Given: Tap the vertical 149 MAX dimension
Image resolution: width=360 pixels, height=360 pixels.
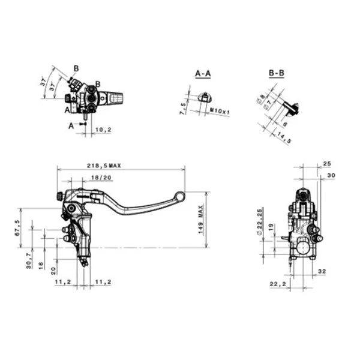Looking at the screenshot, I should [x=201, y=220].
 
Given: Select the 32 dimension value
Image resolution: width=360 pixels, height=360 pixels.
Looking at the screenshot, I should [x=321, y=271].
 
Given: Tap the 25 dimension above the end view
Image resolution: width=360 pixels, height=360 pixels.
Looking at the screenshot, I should [x=326, y=163].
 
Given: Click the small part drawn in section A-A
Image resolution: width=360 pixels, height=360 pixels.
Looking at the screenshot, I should [x=205, y=97].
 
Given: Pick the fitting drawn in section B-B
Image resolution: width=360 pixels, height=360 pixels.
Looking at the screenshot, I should [x=292, y=108].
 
